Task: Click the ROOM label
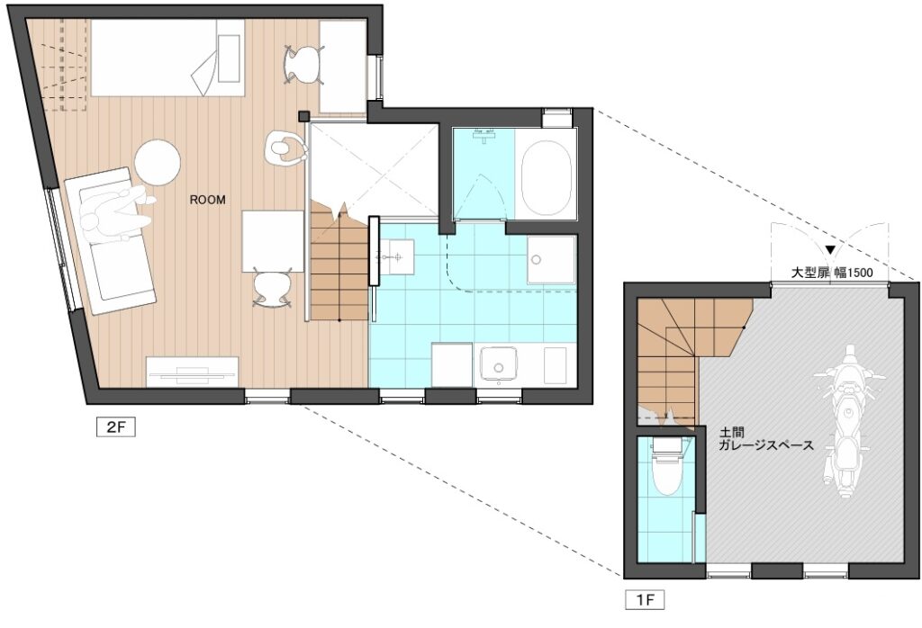(x=207, y=200)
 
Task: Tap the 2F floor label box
(x=116, y=426)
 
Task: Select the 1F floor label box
(x=645, y=600)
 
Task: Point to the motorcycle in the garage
(x=845, y=421)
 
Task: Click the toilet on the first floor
(x=666, y=467)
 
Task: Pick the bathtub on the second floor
(x=547, y=178)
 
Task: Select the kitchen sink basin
(x=499, y=364)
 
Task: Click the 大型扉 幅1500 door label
(x=831, y=273)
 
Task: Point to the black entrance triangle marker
(x=829, y=249)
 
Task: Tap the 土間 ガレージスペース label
(x=766, y=439)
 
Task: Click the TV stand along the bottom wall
(x=193, y=372)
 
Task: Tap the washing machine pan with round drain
(x=551, y=259)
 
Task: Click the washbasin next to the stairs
(x=395, y=256)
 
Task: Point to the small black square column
(x=303, y=116)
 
